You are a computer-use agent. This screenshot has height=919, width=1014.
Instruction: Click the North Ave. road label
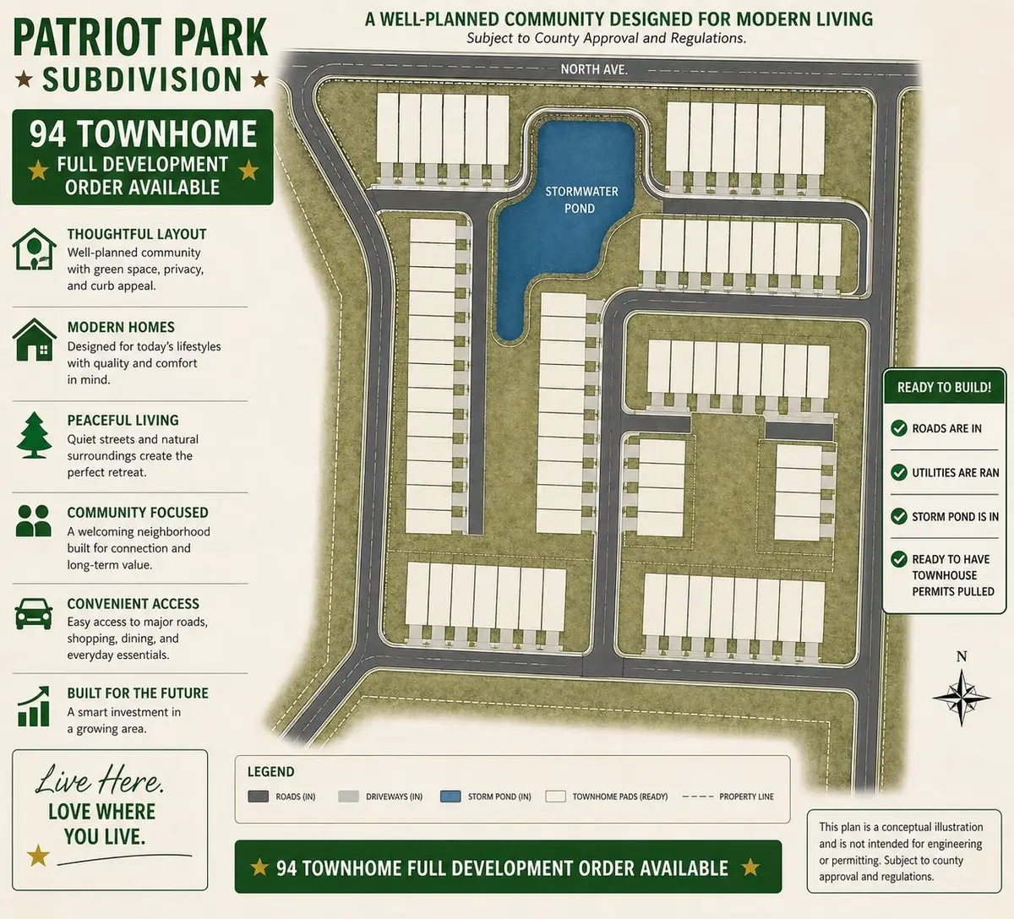click(x=593, y=69)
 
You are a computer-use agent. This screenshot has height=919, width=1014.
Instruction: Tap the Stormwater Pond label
click(x=581, y=199)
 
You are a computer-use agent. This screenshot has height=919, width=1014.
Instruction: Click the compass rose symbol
click(x=961, y=697)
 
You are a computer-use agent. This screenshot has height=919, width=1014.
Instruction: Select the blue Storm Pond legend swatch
click(x=450, y=797)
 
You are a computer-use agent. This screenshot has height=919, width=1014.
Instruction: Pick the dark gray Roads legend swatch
click(x=258, y=797)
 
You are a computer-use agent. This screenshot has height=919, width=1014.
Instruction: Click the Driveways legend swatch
click(x=348, y=797)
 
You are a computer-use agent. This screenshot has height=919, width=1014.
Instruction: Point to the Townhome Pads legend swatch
click(x=555, y=797)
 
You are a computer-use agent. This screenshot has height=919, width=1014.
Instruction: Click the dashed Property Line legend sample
click(x=697, y=797)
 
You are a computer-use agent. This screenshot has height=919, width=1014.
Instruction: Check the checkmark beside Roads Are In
click(x=899, y=428)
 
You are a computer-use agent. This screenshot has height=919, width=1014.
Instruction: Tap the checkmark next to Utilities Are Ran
click(x=899, y=472)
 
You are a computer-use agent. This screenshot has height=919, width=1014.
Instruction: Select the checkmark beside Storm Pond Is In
click(x=899, y=516)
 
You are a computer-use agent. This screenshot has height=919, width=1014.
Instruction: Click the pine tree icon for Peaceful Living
click(x=34, y=436)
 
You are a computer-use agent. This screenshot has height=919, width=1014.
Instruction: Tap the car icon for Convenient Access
click(x=34, y=613)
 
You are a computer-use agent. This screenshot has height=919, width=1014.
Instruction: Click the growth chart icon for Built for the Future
click(x=34, y=706)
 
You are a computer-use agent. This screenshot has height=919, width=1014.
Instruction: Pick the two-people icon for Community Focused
click(x=34, y=521)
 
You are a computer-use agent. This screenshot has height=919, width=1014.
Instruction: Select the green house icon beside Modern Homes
click(x=34, y=340)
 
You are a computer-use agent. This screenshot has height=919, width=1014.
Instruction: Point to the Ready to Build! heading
click(x=944, y=387)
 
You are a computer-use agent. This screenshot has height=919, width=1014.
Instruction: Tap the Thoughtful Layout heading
click(x=137, y=234)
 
